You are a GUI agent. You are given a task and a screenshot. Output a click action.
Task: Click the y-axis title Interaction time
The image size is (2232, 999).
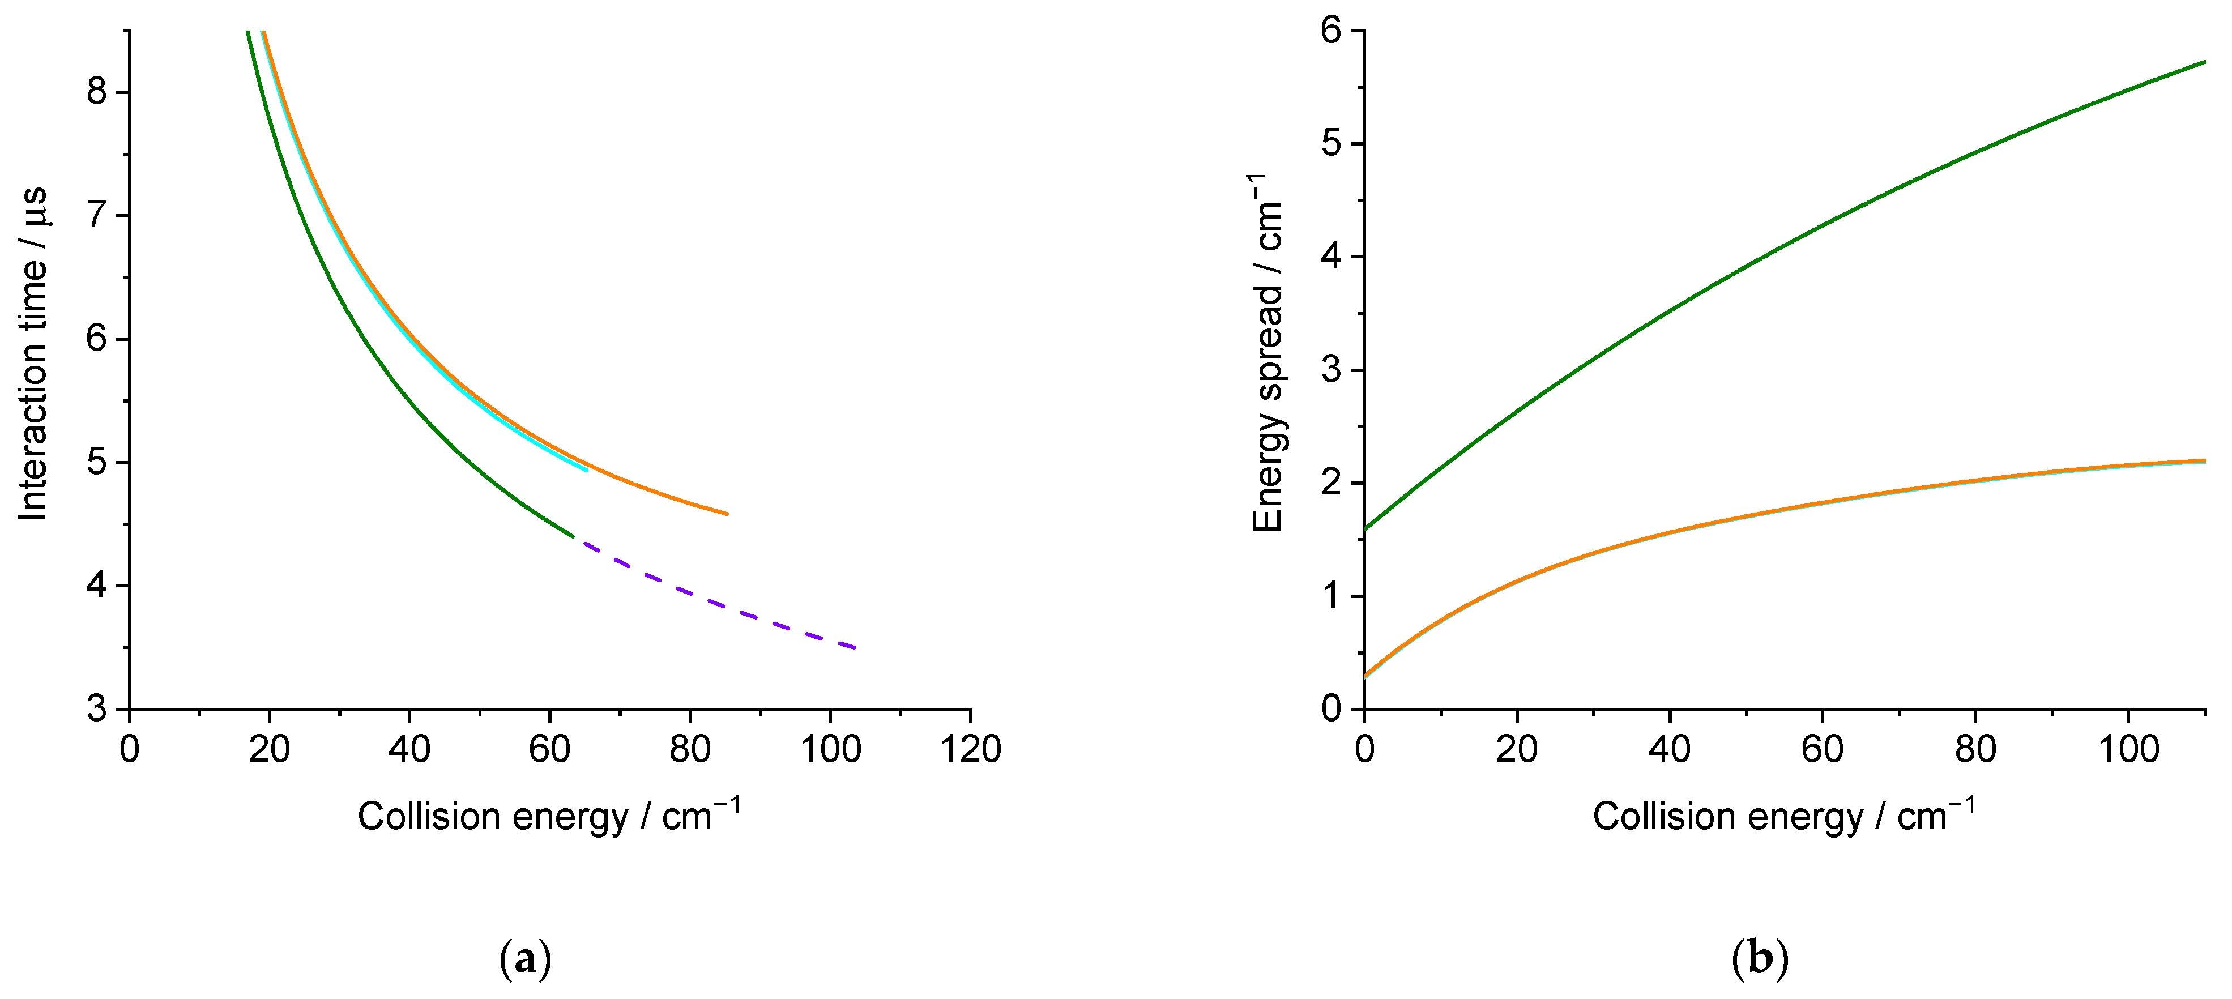[33, 353]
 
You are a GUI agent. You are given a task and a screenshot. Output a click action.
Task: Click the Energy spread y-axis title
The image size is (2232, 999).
[1267, 353]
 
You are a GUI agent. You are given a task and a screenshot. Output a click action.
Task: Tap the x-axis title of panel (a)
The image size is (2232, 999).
[548, 816]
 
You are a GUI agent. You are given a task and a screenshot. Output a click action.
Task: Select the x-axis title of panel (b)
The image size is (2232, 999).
[1784, 816]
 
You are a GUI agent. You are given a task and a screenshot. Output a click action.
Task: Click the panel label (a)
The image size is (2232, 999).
[525, 959]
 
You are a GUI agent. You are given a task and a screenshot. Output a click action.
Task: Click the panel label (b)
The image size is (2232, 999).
[1760, 959]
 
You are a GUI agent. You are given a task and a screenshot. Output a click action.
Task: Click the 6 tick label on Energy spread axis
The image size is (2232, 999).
[1331, 31]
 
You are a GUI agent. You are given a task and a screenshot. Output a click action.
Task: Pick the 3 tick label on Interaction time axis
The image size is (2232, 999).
[96, 708]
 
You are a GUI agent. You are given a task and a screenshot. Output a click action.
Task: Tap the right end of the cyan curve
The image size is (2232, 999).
[587, 469]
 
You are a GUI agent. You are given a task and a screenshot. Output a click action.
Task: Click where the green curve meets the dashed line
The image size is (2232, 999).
[574, 538]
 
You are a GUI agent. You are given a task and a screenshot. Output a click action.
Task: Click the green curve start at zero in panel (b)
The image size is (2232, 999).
[1365, 528]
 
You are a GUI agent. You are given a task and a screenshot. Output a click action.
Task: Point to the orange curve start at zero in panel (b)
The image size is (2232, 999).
[1365, 675]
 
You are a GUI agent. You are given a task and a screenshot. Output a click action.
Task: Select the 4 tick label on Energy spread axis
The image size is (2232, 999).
[1331, 257]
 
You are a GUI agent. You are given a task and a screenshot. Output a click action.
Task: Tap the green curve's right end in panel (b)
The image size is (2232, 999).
[2204, 62]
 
